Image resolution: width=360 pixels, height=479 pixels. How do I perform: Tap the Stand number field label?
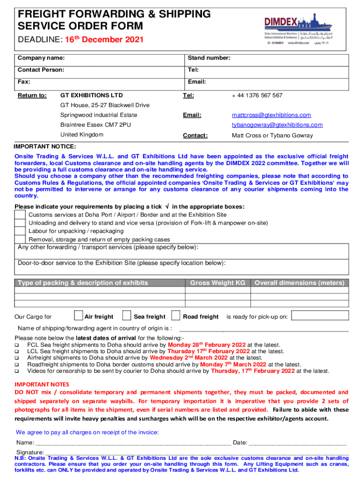(x=209, y=58)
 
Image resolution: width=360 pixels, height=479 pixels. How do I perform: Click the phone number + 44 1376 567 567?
(x=257, y=95)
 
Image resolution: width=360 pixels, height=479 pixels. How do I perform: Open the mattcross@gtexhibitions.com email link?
(x=271, y=115)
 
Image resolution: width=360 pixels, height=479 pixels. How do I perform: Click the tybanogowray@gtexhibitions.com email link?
(x=277, y=125)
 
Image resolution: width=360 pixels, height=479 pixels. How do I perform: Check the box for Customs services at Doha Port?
(x=20, y=215)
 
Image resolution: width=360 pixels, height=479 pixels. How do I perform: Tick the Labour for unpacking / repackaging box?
(x=20, y=231)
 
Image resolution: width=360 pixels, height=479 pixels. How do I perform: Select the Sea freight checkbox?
(x=126, y=316)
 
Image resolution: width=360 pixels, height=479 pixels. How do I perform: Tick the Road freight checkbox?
(x=176, y=316)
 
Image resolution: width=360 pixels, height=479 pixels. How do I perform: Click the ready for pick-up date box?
(x=320, y=316)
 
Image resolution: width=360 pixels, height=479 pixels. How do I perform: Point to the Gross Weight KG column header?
(x=217, y=283)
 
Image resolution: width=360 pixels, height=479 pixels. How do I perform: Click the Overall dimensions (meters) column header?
(x=299, y=283)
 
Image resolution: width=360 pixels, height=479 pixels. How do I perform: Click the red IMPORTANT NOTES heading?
(x=42, y=384)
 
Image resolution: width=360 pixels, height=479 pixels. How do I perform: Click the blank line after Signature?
(x=196, y=451)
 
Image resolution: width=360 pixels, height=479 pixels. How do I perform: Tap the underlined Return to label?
(x=32, y=95)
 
